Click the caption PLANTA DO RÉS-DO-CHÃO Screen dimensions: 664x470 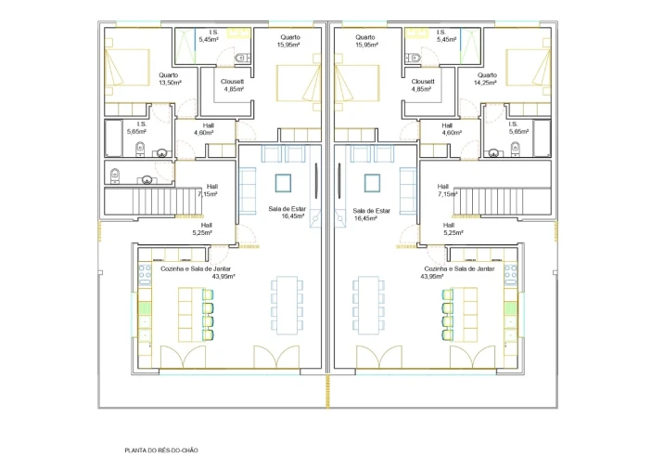161,450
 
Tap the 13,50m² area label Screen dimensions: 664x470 171,83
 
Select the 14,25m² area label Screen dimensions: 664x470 485,83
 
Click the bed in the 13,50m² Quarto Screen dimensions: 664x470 127,68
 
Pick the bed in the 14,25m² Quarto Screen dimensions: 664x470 529,68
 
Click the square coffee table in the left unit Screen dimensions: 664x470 283,183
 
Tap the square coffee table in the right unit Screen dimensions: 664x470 372,183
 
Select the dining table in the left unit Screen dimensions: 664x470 287,305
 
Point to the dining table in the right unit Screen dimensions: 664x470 368,305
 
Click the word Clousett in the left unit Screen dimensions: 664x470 233,82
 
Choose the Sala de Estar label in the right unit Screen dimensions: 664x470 371,211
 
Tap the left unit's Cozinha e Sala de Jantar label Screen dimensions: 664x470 196,269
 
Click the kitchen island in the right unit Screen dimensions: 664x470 465,314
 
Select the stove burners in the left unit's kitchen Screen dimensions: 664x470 145,275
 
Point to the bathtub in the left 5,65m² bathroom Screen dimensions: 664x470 113,138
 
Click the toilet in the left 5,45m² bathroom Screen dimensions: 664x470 241,58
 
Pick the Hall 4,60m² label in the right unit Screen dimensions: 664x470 452,129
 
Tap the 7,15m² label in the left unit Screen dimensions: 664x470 208,194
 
